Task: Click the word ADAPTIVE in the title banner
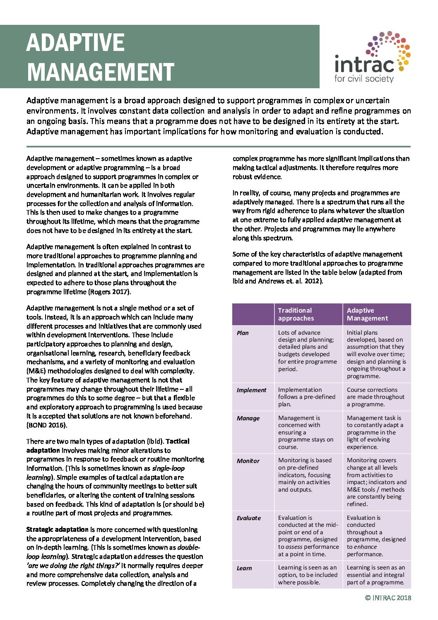75,43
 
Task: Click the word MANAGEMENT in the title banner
101,72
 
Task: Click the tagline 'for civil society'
364,78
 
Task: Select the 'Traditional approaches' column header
296,314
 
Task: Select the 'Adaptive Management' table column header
367,314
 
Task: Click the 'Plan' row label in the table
243,333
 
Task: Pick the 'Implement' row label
251,390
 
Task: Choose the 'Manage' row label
248,418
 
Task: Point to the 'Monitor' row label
248,461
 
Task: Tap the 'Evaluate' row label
249,518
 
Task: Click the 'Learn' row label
244,568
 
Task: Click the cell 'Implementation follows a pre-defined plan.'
307,397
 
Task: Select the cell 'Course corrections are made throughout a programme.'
375,397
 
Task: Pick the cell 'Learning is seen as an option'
308,575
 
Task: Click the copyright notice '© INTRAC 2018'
388,598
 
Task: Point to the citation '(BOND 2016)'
46,425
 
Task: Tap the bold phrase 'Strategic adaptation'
58,530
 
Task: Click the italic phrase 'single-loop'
168,468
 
